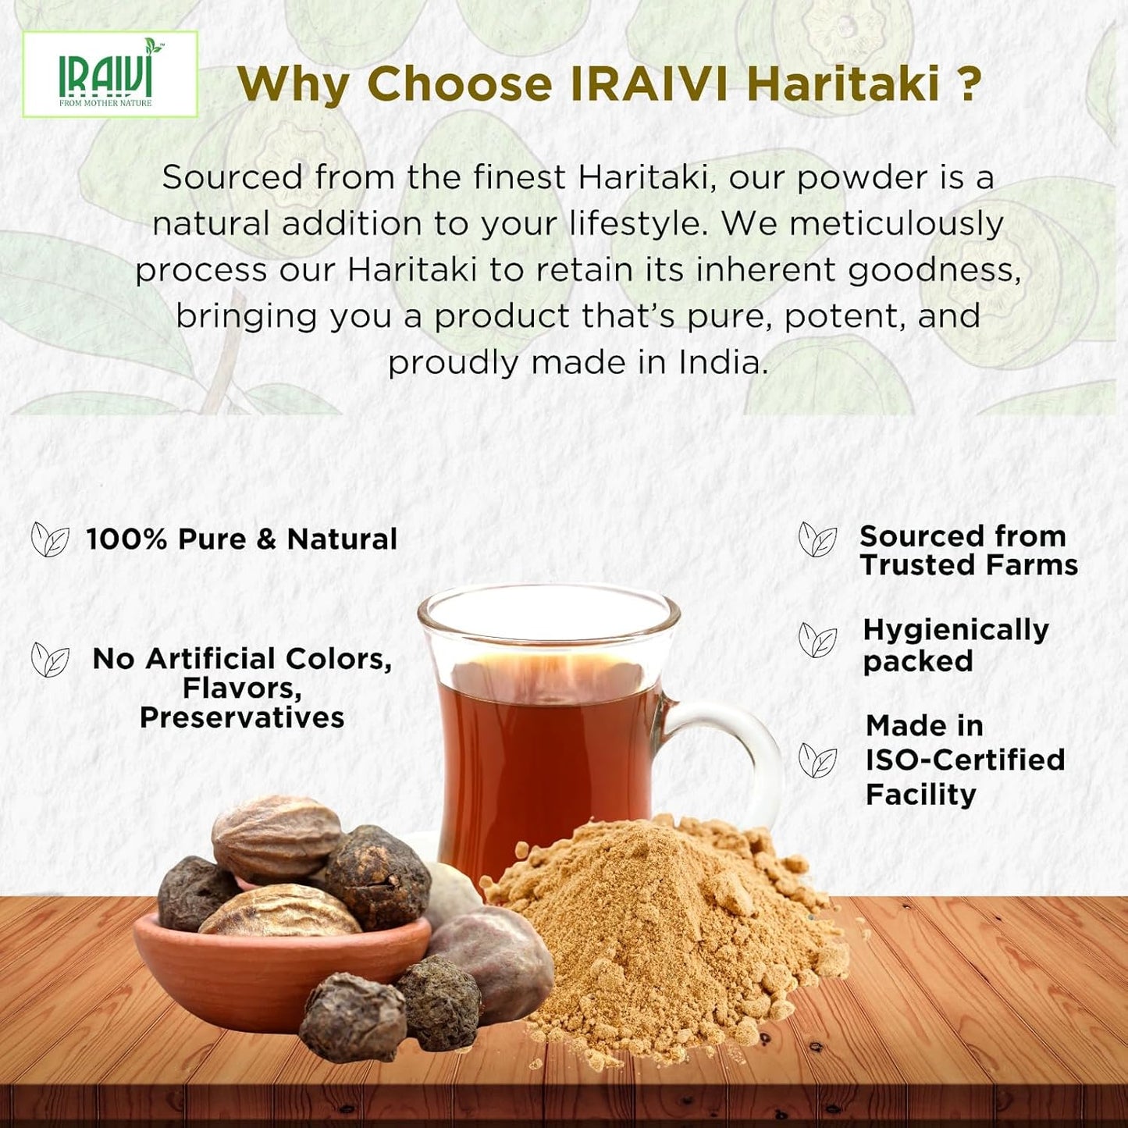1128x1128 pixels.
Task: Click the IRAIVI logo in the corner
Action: coord(109,75)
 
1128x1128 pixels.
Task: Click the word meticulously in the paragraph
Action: coord(896,224)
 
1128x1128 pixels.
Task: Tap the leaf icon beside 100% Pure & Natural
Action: coord(50,539)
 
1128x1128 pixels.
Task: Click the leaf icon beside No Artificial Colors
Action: coord(50,660)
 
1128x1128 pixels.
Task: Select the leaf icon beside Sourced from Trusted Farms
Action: coord(817,539)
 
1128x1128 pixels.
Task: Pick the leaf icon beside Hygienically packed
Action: coord(817,641)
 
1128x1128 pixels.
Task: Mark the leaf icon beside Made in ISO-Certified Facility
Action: coord(817,761)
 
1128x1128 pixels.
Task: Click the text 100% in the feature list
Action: coord(126,539)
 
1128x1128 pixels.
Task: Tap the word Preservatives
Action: coord(242,717)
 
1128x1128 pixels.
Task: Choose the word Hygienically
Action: coord(955,629)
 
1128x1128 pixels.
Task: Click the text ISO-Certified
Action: coord(965,760)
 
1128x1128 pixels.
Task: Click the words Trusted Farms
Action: coord(969,565)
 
